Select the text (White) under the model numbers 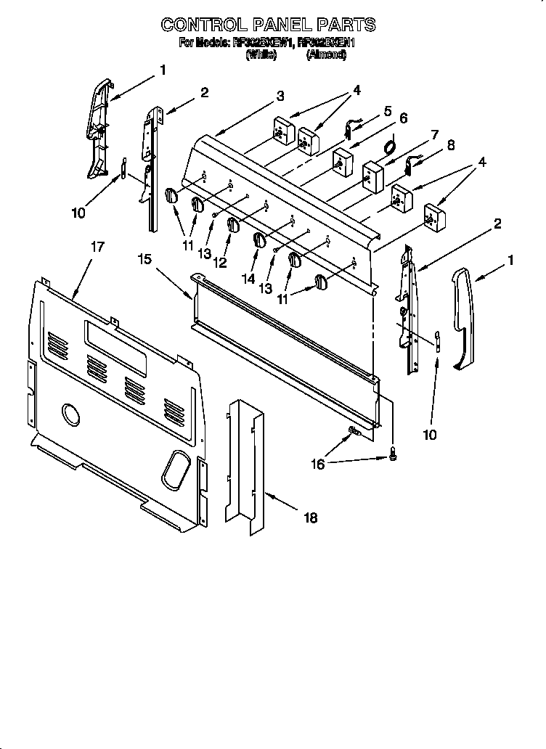tap(261, 54)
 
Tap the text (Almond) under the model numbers tap(326, 54)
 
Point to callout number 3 tap(280, 95)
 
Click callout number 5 tap(387, 111)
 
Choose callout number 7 tap(433, 134)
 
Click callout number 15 tap(144, 258)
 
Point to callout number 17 tap(97, 247)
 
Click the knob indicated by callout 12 tap(232, 226)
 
